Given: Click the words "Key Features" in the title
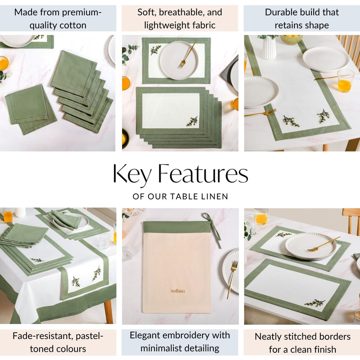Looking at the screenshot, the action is [x=180, y=174].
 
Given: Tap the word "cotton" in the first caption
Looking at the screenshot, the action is [x=72, y=25].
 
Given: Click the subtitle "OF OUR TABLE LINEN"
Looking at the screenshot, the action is [x=180, y=197].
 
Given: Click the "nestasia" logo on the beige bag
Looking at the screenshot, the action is [x=178, y=291].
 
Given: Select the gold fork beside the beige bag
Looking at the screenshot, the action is [x=232, y=279].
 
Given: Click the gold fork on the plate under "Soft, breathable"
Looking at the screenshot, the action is [x=186, y=54].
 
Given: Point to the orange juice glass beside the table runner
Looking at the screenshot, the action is [x=345, y=81].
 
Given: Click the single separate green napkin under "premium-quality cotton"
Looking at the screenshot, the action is [x=31, y=109].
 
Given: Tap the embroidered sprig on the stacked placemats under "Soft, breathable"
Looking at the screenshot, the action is [x=192, y=121].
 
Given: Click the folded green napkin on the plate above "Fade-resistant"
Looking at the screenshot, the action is [x=65, y=219].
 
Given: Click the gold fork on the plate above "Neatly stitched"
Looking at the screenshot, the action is [x=323, y=244].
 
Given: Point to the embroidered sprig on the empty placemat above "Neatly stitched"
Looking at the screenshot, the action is [x=315, y=302].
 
